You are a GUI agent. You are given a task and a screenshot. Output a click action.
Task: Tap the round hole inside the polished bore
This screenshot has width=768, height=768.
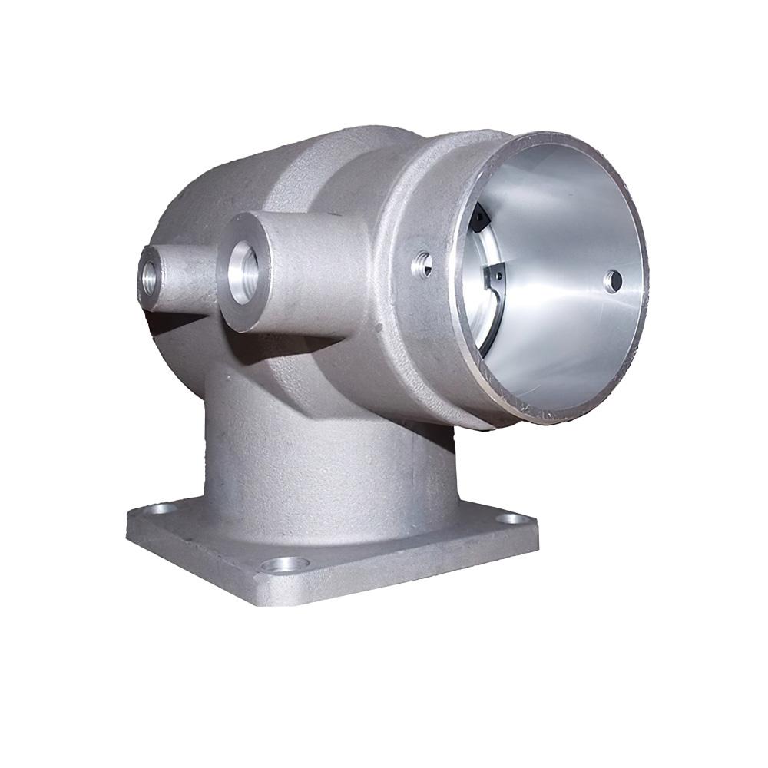pos(612,281)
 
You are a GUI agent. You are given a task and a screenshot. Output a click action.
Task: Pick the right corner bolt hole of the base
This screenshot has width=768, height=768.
pos(510,519)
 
